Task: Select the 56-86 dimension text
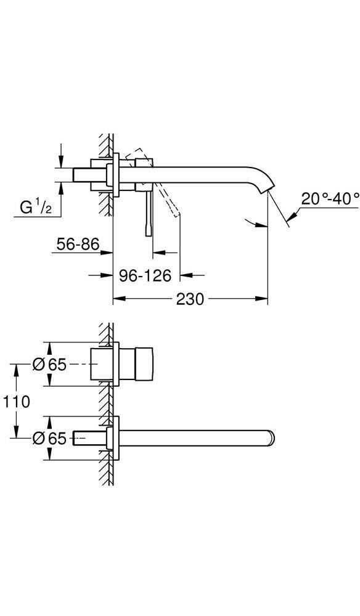76,245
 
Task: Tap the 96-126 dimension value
144,275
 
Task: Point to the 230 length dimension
190,299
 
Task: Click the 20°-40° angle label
330,199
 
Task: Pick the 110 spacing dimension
16,402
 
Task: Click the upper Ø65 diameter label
49,365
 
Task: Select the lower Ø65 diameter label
49,438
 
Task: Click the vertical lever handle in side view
148,213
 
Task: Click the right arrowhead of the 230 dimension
263,299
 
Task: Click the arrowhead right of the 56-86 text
107,252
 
